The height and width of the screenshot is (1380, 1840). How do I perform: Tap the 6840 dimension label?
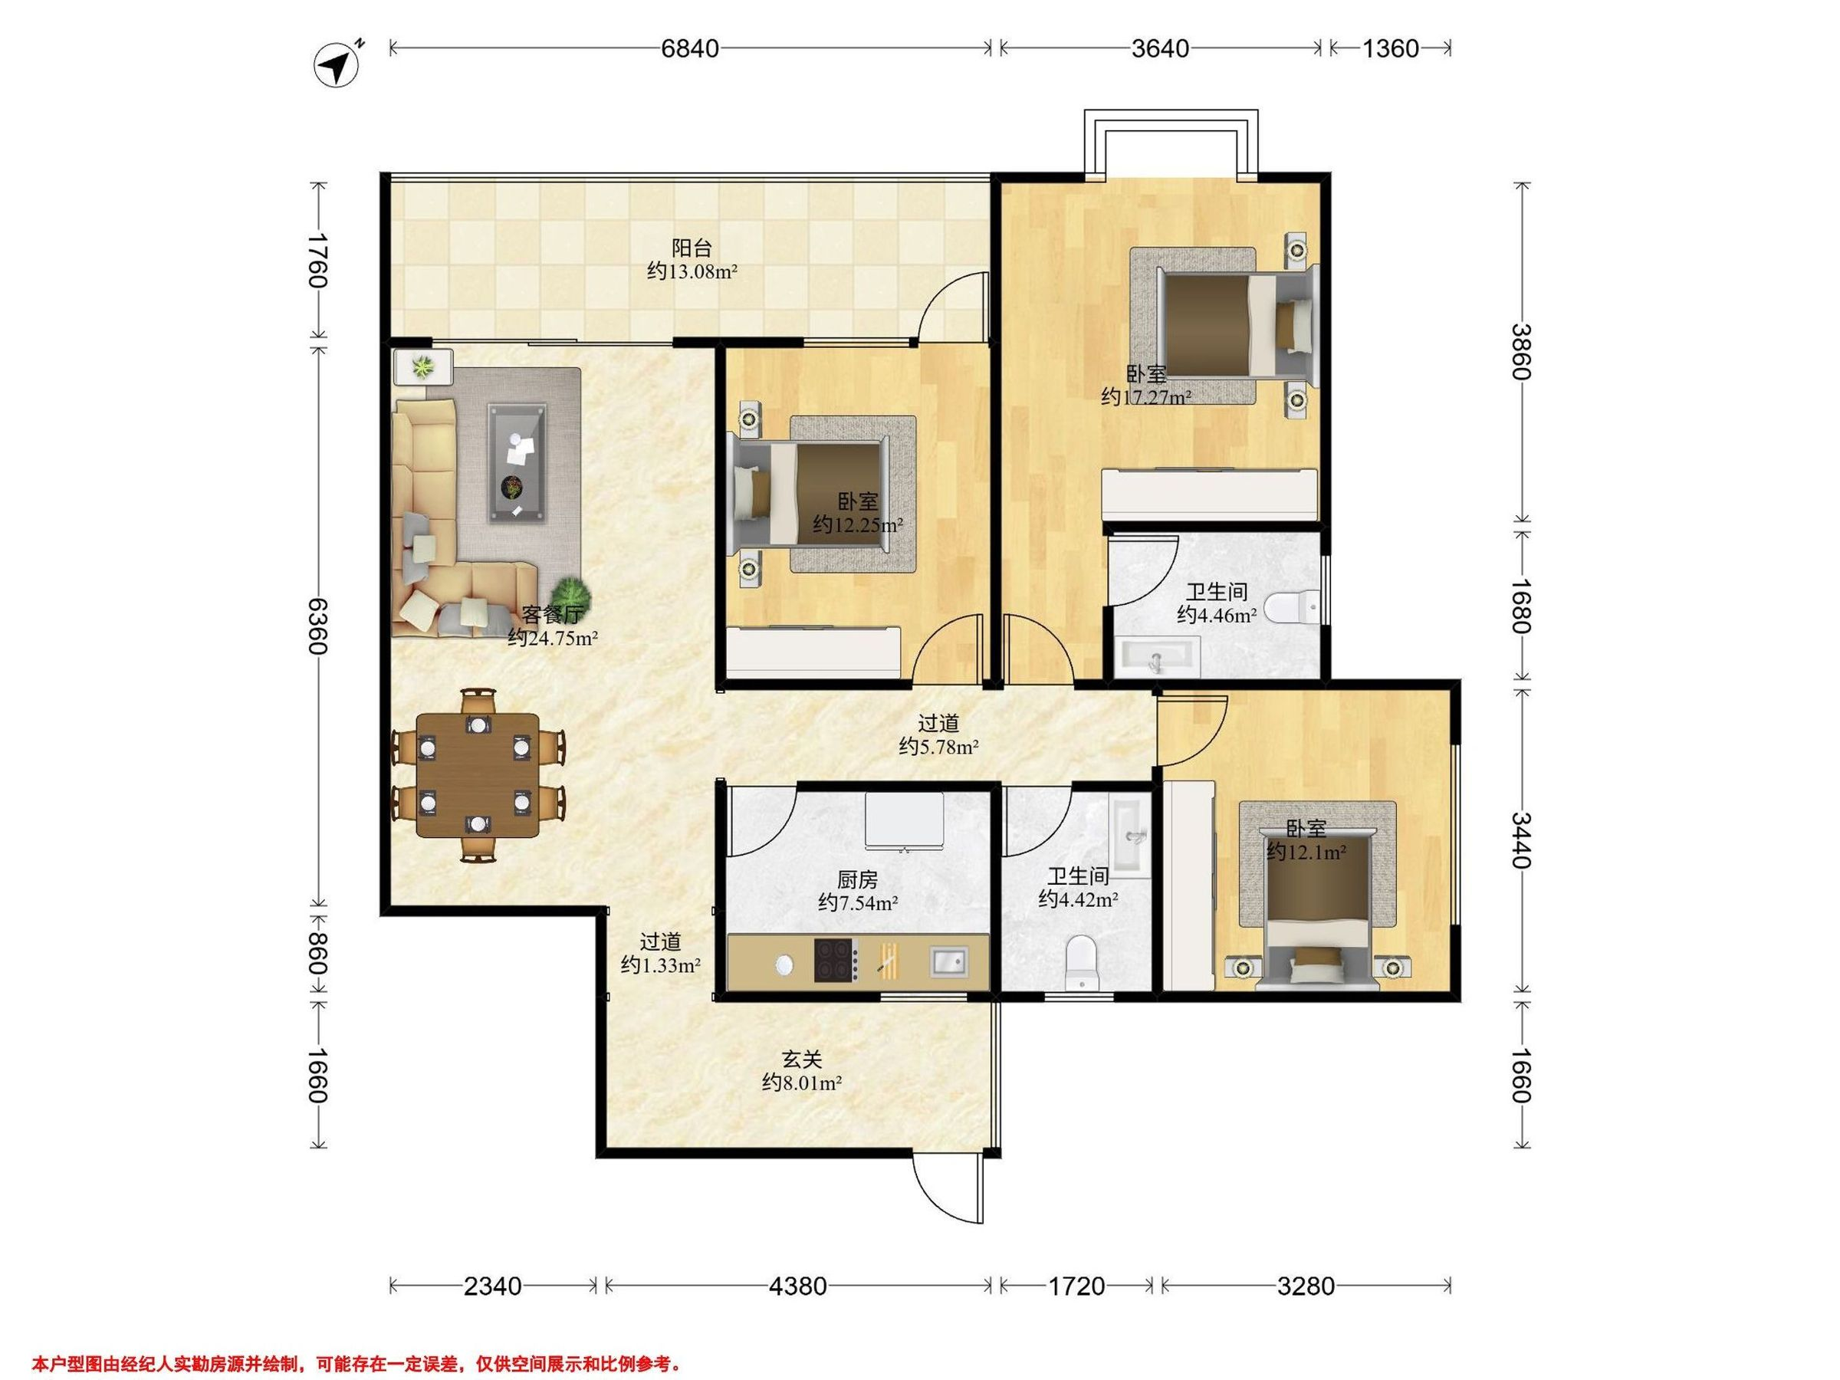[x=689, y=48]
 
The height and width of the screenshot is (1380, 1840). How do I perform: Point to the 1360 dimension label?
[x=1390, y=48]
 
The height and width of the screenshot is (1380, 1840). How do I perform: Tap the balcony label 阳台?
[x=692, y=248]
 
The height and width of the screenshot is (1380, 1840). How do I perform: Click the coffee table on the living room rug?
[x=517, y=462]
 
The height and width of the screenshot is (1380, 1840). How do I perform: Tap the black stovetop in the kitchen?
[x=836, y=961]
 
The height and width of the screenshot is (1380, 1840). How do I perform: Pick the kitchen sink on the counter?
[x=948, y=961]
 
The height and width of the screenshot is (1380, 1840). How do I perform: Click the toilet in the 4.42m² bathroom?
[x=1081, y=962]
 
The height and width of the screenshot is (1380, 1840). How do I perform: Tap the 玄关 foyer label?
[x=802, y=1059]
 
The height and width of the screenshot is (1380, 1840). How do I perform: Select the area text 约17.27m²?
[x=1145, y=397]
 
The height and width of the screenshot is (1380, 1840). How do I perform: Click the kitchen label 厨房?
[x=858, y=879]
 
